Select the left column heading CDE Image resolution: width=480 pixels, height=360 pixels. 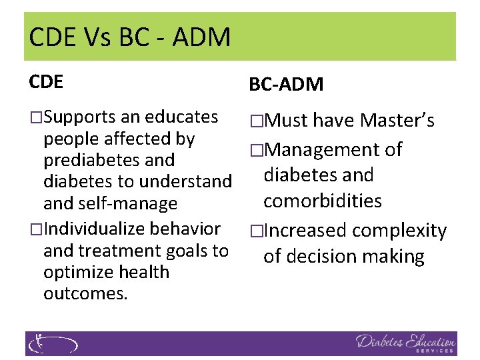(46, 82)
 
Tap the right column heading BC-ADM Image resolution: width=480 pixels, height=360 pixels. (286, 85)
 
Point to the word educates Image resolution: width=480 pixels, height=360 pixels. (182, 117)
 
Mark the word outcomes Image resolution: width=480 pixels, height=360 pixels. (85, 293)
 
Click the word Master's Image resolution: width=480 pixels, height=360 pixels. (397, 121)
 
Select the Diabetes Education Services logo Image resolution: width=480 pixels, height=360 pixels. (405, 344)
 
